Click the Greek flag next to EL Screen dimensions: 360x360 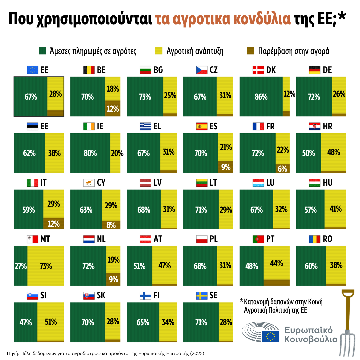coord(145,127)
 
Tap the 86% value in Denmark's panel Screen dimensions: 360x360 coord(261,97)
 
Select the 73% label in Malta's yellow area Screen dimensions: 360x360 coord(46,266)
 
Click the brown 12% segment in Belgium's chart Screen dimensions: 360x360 coord(113,108)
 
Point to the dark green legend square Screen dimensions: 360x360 coord(42,51)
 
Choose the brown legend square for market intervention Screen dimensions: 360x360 coord(250,51)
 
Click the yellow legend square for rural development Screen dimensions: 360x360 coord(159,51)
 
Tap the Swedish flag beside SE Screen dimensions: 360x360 coord(202,296)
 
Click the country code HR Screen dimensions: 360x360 coord(328,127)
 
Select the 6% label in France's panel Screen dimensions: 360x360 coord(283,169)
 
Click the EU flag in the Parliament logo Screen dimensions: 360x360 coord(270,336)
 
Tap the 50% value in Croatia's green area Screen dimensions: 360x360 coord(308,153)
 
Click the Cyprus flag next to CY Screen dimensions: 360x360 coord(89,183)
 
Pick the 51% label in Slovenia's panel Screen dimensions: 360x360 coord(51,322)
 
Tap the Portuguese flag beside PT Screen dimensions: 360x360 coord(258,239)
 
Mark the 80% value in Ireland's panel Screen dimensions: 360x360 coord(90,153)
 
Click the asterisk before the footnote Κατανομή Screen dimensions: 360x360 coord(242,301)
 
